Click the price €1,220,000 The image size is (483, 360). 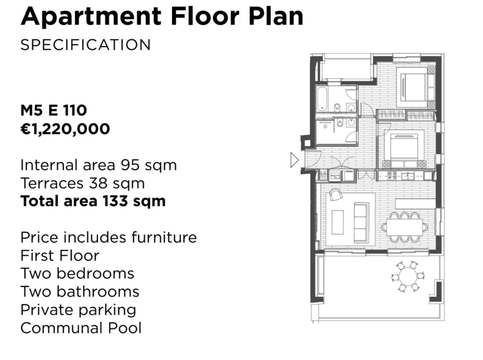coord(65,129)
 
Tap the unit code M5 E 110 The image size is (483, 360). coord(54,110)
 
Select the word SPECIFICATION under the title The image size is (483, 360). coord(86,45)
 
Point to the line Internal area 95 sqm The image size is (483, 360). coord(98,166)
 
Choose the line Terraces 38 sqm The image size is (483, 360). coord(83,184)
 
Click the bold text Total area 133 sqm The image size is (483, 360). coord(93,202)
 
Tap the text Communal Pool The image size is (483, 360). coord(81,328)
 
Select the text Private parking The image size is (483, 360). coord(78,310)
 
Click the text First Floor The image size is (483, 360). coord(60,256)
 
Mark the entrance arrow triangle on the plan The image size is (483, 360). coord(295,160)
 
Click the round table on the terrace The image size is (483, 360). coord(408,277)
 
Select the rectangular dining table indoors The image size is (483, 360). coord(404,227)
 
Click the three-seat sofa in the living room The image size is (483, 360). coord(361,222)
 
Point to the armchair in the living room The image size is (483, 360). coord(335,194)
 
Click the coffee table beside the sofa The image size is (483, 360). coord(338,222)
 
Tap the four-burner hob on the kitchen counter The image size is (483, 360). coord(392,176)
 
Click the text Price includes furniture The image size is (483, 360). coord(108,238)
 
